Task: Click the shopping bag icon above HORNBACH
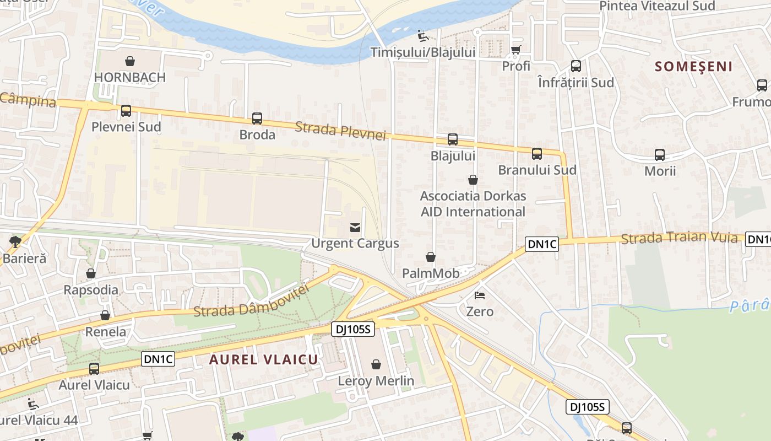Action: point(130,61)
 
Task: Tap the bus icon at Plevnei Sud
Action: point(126,111)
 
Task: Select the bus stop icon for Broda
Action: point(257,119)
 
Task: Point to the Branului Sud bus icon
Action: point(537,154)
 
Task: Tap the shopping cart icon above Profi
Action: point(516,50)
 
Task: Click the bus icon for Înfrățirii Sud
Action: point(575,66)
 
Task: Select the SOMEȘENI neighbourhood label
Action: point(693,67)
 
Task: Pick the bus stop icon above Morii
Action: point(660,155)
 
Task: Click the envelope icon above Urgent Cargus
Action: point(355,227)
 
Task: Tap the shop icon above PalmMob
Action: point(431,257)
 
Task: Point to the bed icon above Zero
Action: point(480,295)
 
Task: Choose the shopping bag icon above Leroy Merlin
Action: point(376,364)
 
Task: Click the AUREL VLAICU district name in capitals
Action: point(264,359)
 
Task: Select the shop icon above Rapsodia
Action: point(91,274)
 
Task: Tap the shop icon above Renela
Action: point(105,316)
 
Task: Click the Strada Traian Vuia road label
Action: point(679,238)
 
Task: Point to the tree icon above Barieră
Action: point(15,241)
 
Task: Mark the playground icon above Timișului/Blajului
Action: point(422,36)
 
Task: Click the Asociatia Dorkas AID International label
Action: point(473,204)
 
